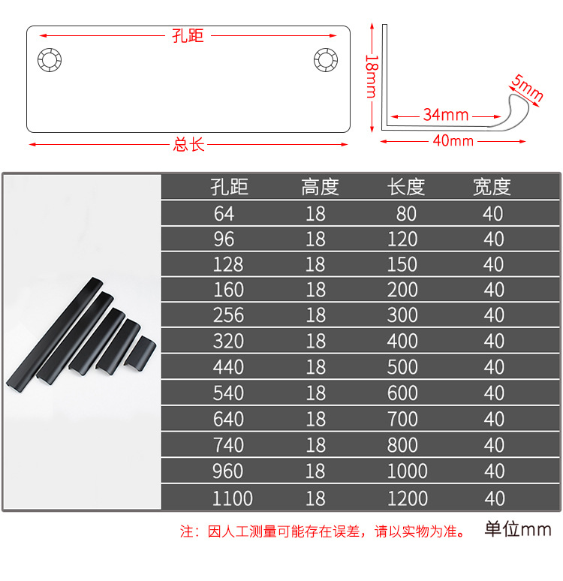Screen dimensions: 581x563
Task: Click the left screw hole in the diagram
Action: [53, 59]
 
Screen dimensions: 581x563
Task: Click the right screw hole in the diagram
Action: [325, 59]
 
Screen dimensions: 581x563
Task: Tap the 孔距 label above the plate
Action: [188, 35]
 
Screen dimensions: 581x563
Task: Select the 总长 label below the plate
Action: [188, 144]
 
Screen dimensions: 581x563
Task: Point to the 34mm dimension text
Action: [445, 115]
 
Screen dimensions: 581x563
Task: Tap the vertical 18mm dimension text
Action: [370, 75]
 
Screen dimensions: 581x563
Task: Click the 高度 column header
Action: [320, 187]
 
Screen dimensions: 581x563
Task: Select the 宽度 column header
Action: [492, 187]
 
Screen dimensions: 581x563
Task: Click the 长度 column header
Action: [406, 187]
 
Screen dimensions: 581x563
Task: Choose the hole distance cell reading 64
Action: [224, 214]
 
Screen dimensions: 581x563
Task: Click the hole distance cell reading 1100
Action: [232, 498]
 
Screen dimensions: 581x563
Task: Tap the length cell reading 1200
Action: [407, 498]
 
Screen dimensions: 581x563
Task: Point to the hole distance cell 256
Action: [228, 315]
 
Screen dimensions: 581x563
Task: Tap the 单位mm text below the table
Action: [518, 530]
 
